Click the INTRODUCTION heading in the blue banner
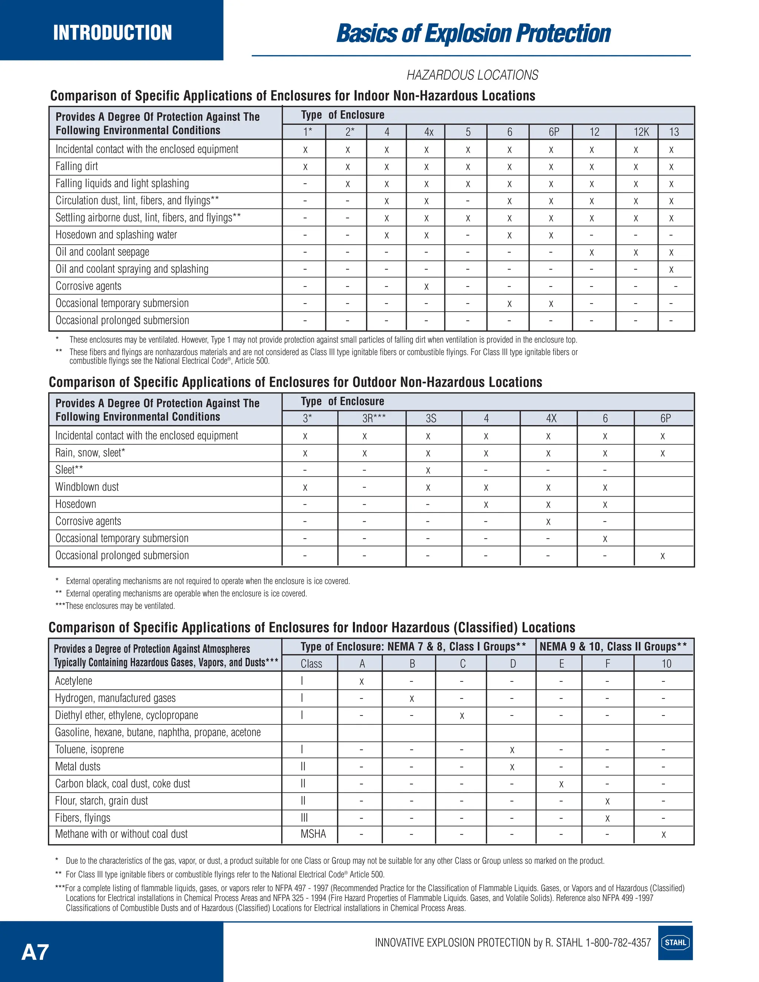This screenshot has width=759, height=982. (x=112, y=32)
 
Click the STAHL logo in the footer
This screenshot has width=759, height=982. (x=675, y=942)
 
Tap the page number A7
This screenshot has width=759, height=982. (x=35, y=952)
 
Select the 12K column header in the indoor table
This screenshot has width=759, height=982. (x=641, y=132)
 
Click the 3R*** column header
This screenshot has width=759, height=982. (x=374, y=418)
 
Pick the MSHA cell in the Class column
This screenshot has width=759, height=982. (x=313, y=834)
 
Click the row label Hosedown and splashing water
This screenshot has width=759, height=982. (x=116, y=235)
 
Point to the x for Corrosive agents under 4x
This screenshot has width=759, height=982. (x=426, y=286)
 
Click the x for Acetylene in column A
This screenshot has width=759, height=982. (x=361, y=681)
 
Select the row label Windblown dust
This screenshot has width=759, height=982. (x=87, y=487)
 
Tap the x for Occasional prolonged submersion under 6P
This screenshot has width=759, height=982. (x=662, y=556)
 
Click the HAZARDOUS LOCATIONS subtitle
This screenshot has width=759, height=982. (x=472, y=75)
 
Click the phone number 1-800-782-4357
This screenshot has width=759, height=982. (x=618, y=943)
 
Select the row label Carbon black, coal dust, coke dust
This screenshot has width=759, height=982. (x=122, y=784)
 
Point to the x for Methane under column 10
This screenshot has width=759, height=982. (x=663, y=835)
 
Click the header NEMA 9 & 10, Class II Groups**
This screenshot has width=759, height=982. (x=613, y=647)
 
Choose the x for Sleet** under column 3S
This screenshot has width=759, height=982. (x=428, y=471)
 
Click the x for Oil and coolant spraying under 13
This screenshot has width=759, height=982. (x=671, y=270)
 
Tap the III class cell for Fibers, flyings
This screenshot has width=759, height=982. (x=304, y=818)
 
